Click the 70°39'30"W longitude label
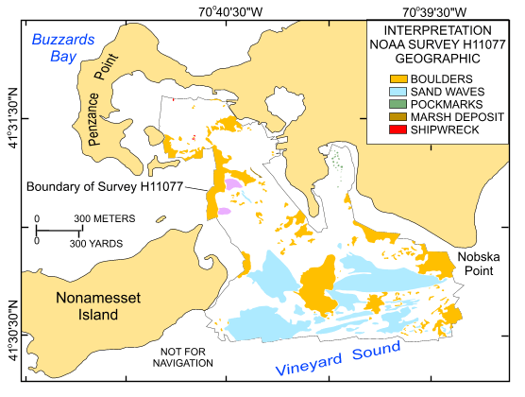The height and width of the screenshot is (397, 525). pyautogui.click(x=432, y=10)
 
